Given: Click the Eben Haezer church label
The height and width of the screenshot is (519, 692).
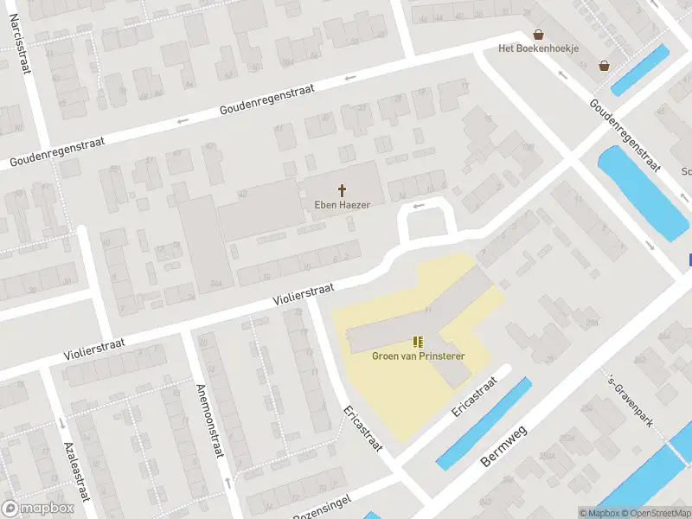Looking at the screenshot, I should (x=342, y=205).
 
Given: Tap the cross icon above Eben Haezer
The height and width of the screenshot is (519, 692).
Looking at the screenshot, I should (x=342, y=189).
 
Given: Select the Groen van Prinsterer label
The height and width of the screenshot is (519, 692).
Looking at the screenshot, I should (x=419, y=356).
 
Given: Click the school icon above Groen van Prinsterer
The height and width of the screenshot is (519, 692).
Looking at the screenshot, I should (x=419, y=342).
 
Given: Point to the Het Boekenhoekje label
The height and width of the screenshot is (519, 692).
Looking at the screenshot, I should (x=538, y=48).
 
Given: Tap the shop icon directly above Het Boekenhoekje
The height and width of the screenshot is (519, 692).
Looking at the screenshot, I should (x=539, y=35).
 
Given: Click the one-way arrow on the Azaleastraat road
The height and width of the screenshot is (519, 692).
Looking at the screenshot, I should (x=61, y=423).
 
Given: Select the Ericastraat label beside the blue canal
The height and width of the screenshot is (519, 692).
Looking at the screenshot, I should (x=475, y=397).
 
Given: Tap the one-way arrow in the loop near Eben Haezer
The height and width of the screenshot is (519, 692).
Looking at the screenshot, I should (x=420, y=206).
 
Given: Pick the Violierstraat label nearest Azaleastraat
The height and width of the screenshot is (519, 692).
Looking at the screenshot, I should (x=93, y=349).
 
